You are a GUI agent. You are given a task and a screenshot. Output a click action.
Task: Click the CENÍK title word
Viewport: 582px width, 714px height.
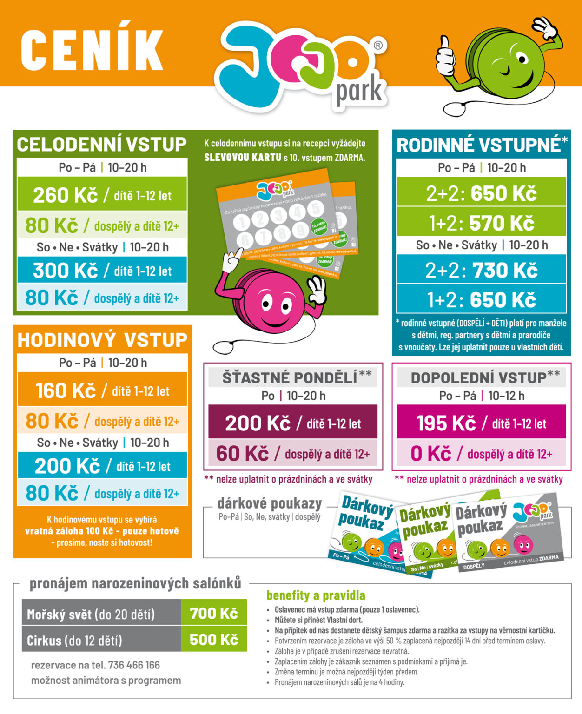click(x=92, y=50)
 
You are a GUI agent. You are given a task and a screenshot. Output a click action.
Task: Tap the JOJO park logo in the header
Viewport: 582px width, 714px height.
click(x=302, y=65)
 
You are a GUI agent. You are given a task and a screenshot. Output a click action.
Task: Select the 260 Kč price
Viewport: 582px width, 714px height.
click(x=65, y=195)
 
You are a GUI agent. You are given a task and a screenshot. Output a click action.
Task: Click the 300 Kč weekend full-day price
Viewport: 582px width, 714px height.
click(x=65, y=271)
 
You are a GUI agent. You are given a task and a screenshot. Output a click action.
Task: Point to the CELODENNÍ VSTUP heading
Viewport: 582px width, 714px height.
click(x=101, y=145)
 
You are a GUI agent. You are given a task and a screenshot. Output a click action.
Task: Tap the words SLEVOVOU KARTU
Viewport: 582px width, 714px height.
click(x=243, y=158)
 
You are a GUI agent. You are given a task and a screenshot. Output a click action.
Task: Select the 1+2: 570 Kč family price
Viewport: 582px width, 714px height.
click(x=481, y=223)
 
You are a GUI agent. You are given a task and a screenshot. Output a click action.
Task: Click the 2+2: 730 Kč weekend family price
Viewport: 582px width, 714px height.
click(x=481, y=270)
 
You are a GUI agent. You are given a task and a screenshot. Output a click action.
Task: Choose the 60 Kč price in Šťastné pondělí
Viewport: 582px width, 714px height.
click(x=242, y=454)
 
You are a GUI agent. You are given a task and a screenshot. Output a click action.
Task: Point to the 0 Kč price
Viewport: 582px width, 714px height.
click(x=430, y=454)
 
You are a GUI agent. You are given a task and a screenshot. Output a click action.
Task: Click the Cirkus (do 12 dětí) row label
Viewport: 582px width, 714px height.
click(x=74, y=641)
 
